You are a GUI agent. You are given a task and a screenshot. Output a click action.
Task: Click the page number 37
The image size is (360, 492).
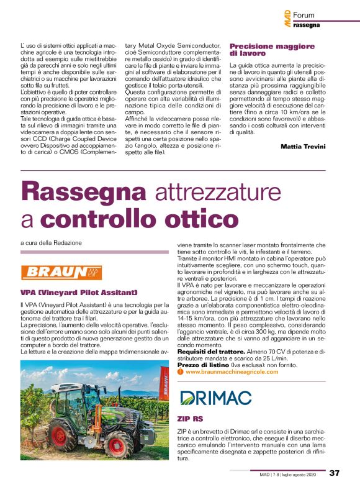click(x=334, y=473)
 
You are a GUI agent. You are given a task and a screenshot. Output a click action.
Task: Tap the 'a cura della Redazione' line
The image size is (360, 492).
click(x=50, y=242)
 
